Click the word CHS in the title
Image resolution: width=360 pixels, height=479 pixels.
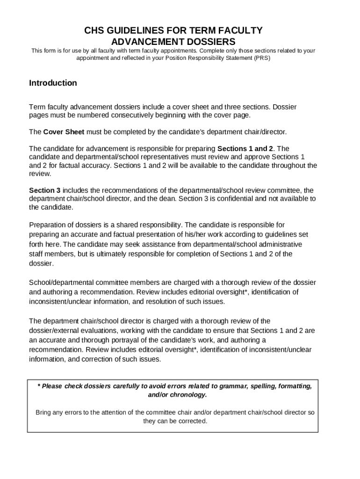94,31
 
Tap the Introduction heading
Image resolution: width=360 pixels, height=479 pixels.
53,83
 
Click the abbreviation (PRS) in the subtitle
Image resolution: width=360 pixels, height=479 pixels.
262,58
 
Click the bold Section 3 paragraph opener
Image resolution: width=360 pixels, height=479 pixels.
45,190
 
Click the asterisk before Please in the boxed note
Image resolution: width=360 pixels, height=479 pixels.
39,386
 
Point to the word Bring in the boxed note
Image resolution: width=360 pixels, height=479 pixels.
44,413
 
